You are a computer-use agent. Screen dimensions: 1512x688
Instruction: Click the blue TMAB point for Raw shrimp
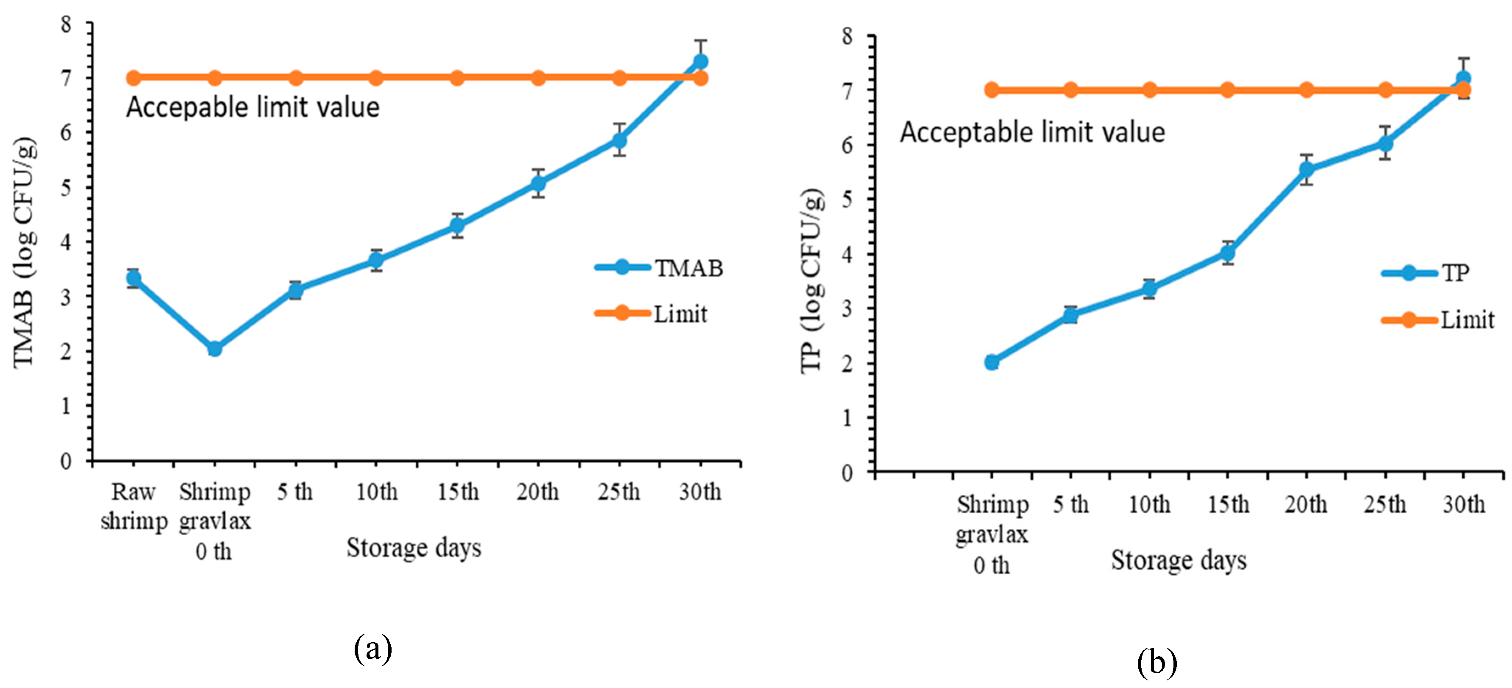[x=134, y=278]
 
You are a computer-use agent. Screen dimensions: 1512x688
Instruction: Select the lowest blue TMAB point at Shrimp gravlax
[x=215, y=349]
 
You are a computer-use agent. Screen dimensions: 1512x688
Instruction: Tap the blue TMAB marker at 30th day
[x=700, y=61]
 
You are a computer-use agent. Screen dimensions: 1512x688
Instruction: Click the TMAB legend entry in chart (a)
[x=658, y=268]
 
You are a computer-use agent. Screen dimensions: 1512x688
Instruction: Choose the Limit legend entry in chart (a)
[x=651, y=314]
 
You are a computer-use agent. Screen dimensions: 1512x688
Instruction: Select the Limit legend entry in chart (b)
[x=1437, y=320]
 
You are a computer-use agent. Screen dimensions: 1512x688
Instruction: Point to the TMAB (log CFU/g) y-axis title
[x=25, y=252]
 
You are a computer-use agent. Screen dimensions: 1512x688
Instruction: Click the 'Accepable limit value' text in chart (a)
[x=253, y=107]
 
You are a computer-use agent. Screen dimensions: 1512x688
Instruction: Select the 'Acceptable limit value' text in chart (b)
[x=1033, y=132]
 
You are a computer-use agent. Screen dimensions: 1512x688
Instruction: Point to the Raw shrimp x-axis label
[x=134, y=506]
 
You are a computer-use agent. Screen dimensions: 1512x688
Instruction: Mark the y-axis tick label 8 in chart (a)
[x=66, y=24]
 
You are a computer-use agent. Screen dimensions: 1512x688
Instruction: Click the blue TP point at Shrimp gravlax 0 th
[x=992, y=362]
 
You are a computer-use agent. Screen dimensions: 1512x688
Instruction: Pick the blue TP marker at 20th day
[x=1307, y=170]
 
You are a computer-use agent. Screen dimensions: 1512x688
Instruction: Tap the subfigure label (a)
[x=373, y=649]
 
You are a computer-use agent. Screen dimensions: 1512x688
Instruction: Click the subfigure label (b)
[x=1157, y=663]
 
